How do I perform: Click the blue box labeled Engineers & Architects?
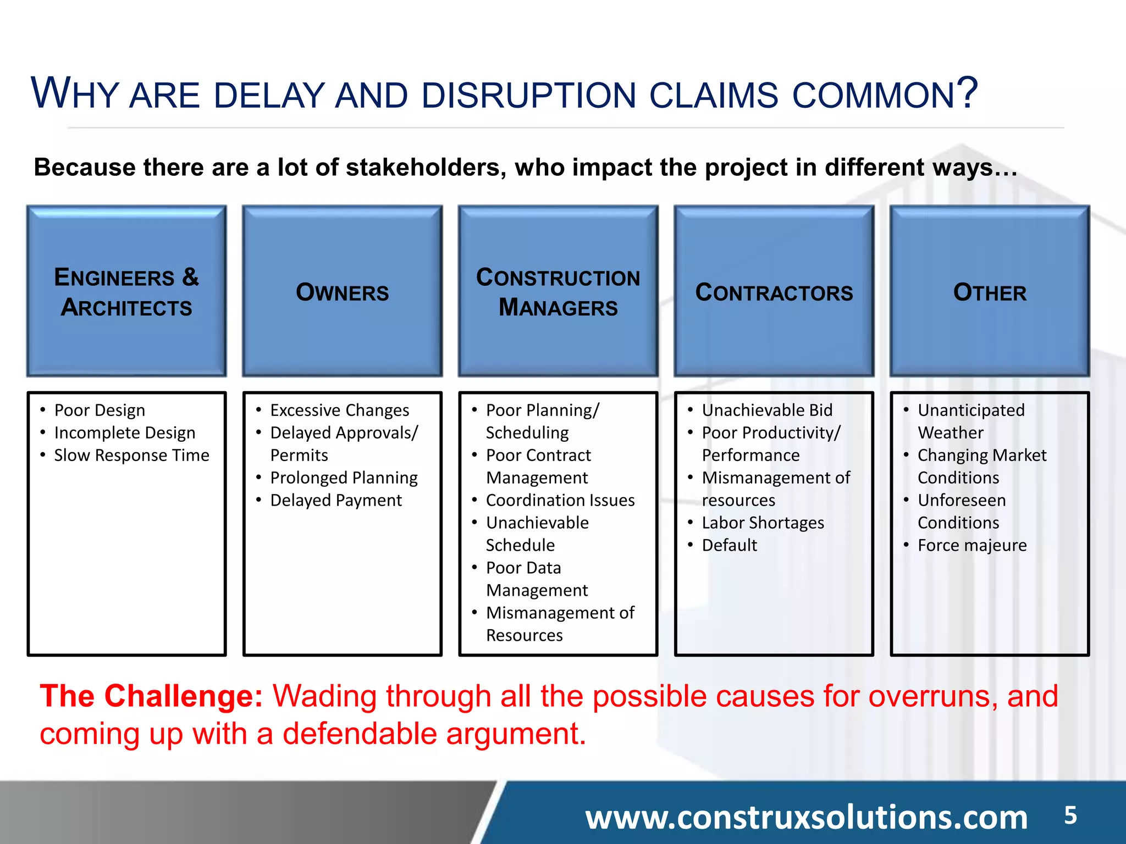126,291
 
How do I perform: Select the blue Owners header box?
342,291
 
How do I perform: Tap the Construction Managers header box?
558,291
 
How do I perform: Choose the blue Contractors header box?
774,291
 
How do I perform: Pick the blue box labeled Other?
990,291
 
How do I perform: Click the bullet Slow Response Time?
131,456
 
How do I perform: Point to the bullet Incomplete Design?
124,433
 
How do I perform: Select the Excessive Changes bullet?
339,410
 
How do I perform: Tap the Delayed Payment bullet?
336,501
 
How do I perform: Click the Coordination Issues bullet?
560,501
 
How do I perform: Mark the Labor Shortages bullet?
763,523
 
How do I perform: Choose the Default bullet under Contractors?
729,546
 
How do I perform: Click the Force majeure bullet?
972,546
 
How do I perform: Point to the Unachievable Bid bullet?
767,410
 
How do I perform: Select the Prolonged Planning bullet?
344,478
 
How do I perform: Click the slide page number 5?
1070,815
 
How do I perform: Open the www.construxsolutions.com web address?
806,817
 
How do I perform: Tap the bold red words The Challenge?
151,696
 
